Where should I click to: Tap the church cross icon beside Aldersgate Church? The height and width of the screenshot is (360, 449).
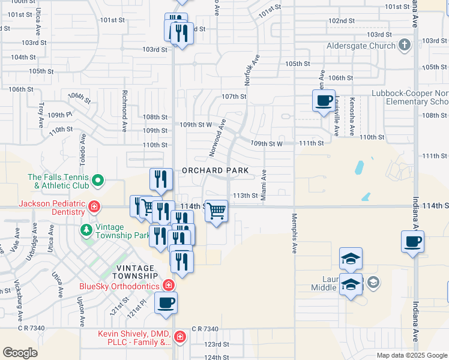[405, 45]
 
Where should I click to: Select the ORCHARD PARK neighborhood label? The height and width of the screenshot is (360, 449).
[215, 171]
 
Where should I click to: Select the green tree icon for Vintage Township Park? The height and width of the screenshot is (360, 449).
[87, 229]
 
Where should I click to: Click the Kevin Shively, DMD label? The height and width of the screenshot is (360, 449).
[134, 338]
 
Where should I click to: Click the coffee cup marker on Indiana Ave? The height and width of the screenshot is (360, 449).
[413, 242]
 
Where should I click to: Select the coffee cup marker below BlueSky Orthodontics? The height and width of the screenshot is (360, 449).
[166, 302]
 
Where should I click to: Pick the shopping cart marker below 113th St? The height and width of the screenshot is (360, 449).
[216, 211]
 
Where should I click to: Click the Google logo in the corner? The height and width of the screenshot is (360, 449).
[20, 353]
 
